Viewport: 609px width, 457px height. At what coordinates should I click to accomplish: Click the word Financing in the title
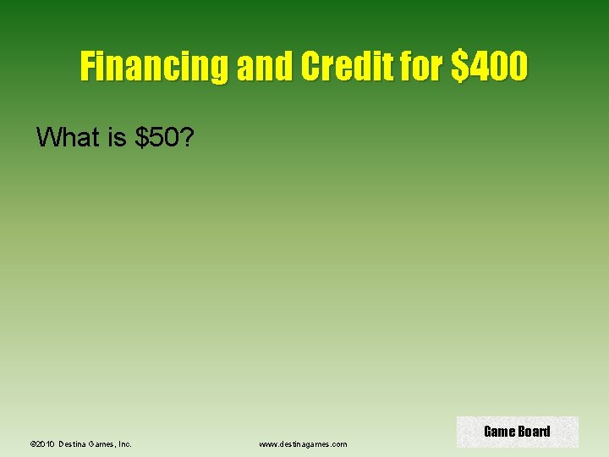[x=156, y=66]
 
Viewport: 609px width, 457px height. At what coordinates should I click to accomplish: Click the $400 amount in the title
[x=491, y=66]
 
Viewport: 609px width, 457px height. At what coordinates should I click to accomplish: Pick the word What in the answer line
[x=69, y=137]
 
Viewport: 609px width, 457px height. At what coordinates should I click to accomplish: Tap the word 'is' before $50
[x=118, y=137]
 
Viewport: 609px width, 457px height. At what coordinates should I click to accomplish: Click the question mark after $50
[x=188, y=137]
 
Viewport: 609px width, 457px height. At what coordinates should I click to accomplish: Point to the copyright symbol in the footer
[x=32, y=443]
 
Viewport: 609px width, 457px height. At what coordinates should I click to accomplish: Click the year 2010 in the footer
[x=46, y=443]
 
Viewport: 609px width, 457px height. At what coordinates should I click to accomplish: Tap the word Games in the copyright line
[x=104, y=443]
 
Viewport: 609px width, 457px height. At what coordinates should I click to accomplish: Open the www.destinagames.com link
[x=303, y=443]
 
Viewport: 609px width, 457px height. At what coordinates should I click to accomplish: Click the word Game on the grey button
[x=498, y=432]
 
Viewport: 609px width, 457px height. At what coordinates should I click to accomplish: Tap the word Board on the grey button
[x=534, y=432]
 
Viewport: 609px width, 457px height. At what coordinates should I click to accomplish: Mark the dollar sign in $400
[x=460, y=66]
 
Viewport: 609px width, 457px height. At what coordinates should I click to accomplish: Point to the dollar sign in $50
[x=140, y=137]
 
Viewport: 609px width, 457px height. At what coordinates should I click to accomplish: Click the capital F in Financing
[x=87, y=66]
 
